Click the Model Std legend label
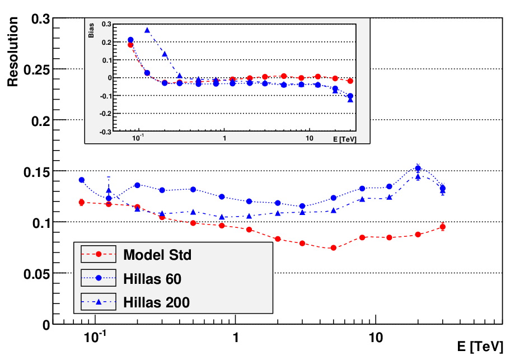pyautogui.click(x=157, y=255)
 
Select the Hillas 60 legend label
pyautogui.click(x=152, y=279)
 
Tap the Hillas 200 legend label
pyautogui.click(x=157, y=302)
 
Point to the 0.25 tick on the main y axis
pyautogui.click(x=37, y=70)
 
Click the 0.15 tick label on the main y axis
pyautogui.click(x=37, y=172)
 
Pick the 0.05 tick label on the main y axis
pyautogui.click(x=37, y=274)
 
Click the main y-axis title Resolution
pyautogui.click(x=12, y=52)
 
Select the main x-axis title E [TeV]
pyautogui.click(x=480, y=347)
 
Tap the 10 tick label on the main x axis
pyautogui.click(x=375, y=337)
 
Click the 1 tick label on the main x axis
pyautogui.click(x=236, y=337)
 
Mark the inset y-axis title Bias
pyautogui.click(x=91, y=30)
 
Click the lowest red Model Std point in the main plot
pyautogui.click(x=333, y=248)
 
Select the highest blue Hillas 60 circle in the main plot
pyautogui.click(x=418, y=169)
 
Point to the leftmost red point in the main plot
pyautogui.click(x=81, y=203)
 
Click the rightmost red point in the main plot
pyautogui.click(x=442, y=227)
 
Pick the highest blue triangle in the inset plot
pyautogui.click(x=147, y=30)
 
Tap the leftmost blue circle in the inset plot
pyautogui.click(x=130, y=40)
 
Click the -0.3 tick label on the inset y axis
pyautogui.click(x=105, y=132)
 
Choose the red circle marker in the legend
pyautogui.click(x=99, y=254)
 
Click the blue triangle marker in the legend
pyautogui.click(x=99, y=302)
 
